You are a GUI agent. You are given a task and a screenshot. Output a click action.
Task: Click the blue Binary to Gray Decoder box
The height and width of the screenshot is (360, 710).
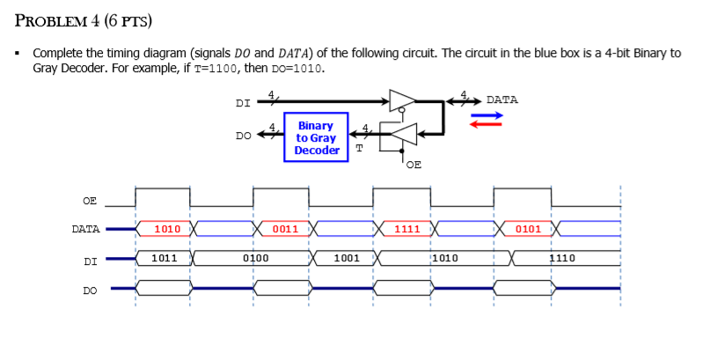point(317,138)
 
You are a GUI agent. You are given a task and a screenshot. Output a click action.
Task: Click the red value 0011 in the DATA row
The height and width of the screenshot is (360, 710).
point(285,229)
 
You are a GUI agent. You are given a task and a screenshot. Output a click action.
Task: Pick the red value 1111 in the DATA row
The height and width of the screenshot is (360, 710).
point(406,229)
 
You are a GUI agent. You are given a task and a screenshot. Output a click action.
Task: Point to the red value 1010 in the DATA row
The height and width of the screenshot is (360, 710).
point(166,229)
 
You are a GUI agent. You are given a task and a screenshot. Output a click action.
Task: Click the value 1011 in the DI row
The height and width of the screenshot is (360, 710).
point(165,258)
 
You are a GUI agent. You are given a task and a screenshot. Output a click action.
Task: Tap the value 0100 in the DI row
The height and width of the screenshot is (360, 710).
point(255,258)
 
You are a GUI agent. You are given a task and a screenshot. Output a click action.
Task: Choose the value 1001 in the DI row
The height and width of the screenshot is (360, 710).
point(346,258)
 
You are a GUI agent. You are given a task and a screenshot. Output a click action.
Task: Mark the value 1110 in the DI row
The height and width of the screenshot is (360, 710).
point(562,258)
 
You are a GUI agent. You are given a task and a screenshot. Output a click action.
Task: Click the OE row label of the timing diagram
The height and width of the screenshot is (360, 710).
point(90,201)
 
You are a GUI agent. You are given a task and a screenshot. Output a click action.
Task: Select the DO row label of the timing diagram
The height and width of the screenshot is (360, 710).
point(90,288)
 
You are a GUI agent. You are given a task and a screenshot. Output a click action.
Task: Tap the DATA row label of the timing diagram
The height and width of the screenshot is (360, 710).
point(85,229)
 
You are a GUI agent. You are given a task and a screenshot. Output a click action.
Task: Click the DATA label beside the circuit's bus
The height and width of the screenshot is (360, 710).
point(501,99)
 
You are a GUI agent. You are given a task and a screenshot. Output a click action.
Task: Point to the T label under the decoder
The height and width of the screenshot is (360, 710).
point(359,148)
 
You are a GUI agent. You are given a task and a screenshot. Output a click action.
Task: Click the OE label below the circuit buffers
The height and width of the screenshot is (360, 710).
point(414,164)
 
